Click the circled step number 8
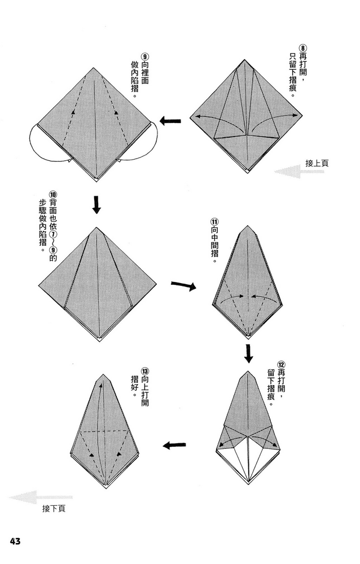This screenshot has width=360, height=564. point(302,49)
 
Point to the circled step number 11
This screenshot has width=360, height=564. point(214,222)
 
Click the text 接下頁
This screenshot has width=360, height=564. point(54,508)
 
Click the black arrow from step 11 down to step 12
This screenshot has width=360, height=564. point(248,354)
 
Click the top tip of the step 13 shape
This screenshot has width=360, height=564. point(103,374)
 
